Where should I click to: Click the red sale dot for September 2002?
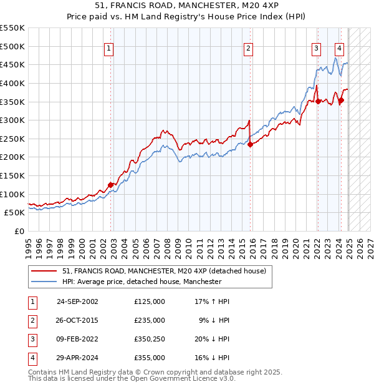pos(110,185)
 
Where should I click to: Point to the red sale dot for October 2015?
pos(249,144)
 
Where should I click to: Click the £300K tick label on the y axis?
pos(12,120)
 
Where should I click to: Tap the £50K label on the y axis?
pos(14,213)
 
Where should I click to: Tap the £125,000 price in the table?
pos(150,301)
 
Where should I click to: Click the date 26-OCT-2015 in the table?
pos(77,320)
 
